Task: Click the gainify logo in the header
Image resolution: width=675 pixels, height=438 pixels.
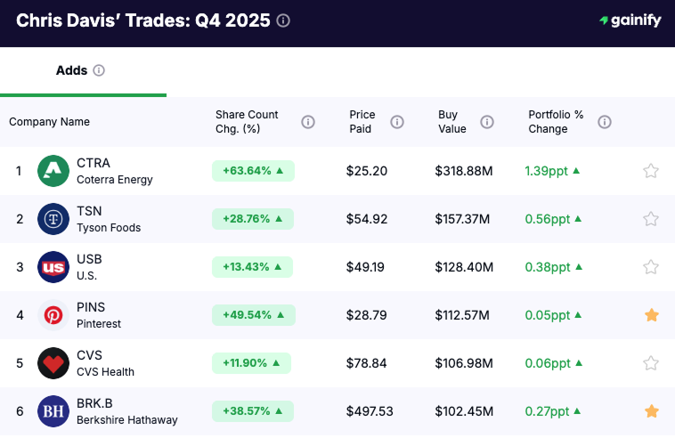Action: coord(630,20)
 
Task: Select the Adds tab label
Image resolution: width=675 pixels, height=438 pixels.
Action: coord(71,70)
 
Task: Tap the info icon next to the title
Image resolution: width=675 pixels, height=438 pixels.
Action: coord(283,20)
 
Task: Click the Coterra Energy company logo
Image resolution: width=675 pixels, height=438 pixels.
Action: coord(53,171)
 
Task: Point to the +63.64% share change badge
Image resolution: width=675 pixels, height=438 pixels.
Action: coord(253,171)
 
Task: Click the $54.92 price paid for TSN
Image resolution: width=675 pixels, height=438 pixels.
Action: coord(367,219)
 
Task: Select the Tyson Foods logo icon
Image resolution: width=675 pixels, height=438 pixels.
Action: coord(53,219)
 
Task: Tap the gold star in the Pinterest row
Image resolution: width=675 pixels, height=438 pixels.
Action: coord(651,315)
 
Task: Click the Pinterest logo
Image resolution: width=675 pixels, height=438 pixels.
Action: coord(53,315)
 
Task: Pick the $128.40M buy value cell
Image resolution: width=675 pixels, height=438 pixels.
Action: coord(464,267)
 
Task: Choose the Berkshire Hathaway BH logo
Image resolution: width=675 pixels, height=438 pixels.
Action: coord(53,411)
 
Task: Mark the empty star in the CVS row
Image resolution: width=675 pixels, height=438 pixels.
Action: coord(651,363)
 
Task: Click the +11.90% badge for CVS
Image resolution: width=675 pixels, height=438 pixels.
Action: coord(251,363)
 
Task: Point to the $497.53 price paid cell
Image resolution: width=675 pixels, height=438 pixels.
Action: coord(370,411)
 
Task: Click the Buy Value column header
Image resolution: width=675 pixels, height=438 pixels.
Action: coord(452,122)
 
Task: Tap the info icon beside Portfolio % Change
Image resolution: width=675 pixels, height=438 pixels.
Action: coord(605,122)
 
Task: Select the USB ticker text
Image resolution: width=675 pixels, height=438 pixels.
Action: coord(89,259)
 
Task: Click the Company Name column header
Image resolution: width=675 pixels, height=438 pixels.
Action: coord(49,122)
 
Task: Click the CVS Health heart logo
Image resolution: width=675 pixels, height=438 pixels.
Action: coord(53,363)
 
